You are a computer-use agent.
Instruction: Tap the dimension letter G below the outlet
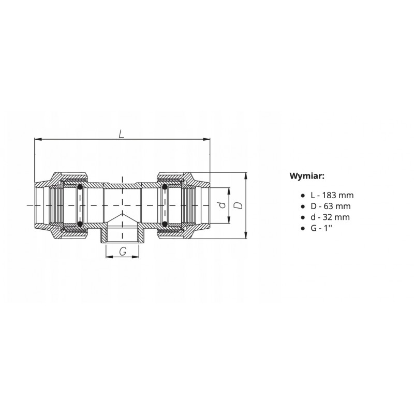[x=123, y=252]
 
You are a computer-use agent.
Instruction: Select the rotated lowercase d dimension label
[x=223, y=205]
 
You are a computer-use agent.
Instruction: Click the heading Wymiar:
[x=307, y=176]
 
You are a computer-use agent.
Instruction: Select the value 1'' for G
[x=328, y=228]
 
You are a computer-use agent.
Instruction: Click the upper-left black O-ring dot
[x=80, y=187]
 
